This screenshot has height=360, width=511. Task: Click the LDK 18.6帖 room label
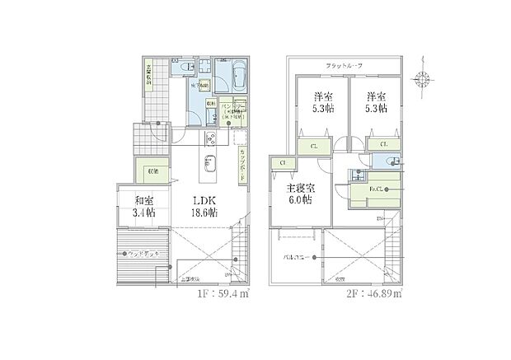click(x=204, y=205)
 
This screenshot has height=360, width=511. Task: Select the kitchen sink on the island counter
click(x=209, y=161)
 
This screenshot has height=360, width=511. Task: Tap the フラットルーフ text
click(x=345, y=65)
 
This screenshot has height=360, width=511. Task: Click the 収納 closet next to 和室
click(x=152, y=172)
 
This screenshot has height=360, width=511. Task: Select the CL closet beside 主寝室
click(x=284, y=163)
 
